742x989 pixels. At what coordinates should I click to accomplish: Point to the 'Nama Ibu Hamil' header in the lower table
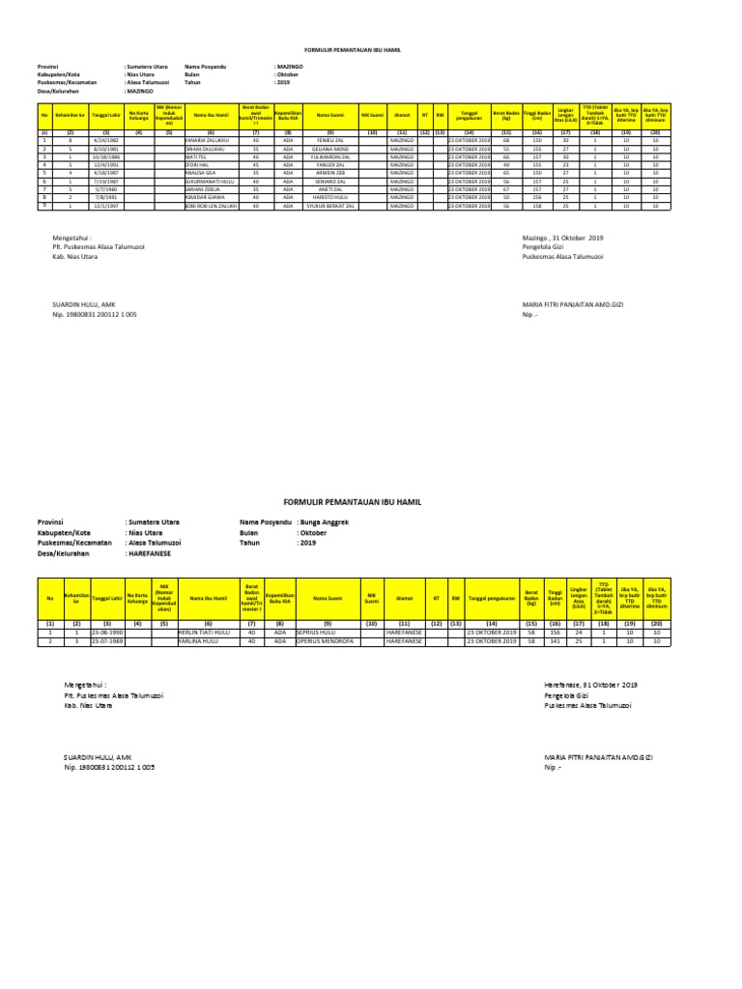(208, 598)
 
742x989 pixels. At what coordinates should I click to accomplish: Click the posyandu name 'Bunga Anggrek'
(327, 522)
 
